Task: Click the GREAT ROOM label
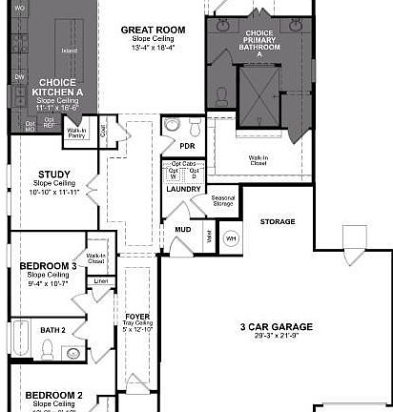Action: pos(152,30)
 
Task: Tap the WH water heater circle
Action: pos(231,237)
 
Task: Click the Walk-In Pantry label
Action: pos(78,135)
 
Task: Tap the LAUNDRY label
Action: pos(182,189)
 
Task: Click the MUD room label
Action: pos(181,230)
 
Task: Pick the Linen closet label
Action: pos(100,281)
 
